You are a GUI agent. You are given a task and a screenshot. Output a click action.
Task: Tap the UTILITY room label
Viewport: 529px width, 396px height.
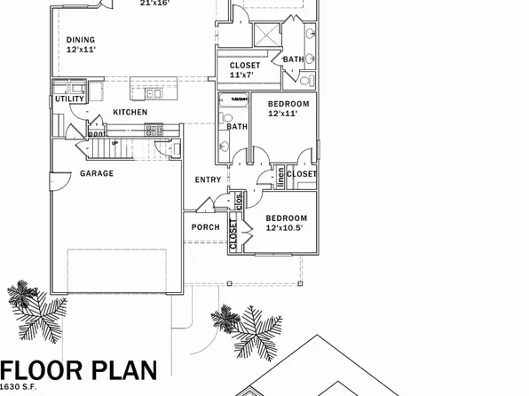click(69, 99)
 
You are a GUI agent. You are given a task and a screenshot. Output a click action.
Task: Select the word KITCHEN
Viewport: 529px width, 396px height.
click(130, 113)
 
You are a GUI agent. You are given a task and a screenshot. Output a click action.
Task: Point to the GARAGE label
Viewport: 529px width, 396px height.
click(97, 174)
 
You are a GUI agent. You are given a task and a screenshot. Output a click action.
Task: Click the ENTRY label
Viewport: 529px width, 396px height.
click(208, 180)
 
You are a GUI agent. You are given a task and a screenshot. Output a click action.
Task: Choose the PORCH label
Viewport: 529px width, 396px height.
click(205, 227)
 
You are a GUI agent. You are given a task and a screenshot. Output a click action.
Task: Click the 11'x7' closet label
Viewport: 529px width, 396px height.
click(245, 70)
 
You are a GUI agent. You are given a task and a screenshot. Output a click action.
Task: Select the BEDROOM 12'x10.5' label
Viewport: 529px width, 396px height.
click(286, 223)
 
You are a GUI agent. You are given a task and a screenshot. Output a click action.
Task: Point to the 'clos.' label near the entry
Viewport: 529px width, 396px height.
click(239, 201)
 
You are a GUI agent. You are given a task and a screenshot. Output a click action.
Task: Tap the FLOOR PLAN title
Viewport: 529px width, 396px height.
click(80, 371)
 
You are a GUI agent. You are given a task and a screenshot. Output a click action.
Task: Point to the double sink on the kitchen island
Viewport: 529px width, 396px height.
click(153, 92)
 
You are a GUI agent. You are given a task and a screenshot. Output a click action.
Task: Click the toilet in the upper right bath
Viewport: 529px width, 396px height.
click(305, 80)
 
